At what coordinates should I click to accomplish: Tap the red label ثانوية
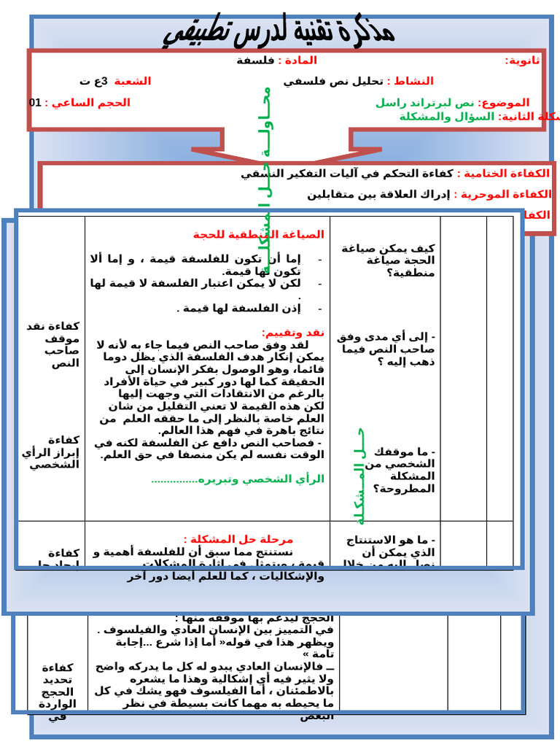pyautogui.click(x=523, y=61)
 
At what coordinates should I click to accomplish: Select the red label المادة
pyautogui.click(x=297, y=61)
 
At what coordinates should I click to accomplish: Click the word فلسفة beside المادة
pyautogui.click(x=254, y=61)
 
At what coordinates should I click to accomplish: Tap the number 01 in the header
pyautogui.click(x=35, y=103)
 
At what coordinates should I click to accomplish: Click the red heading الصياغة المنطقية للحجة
pyautogui.click(x=258, y=234)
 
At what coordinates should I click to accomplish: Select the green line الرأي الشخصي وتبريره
pyautogui.click(x=238, y=479)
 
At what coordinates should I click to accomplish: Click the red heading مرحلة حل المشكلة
pyautogui.click(x=238, y=539)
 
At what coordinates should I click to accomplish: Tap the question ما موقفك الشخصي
pyautogui.click(x=399, y=470)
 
